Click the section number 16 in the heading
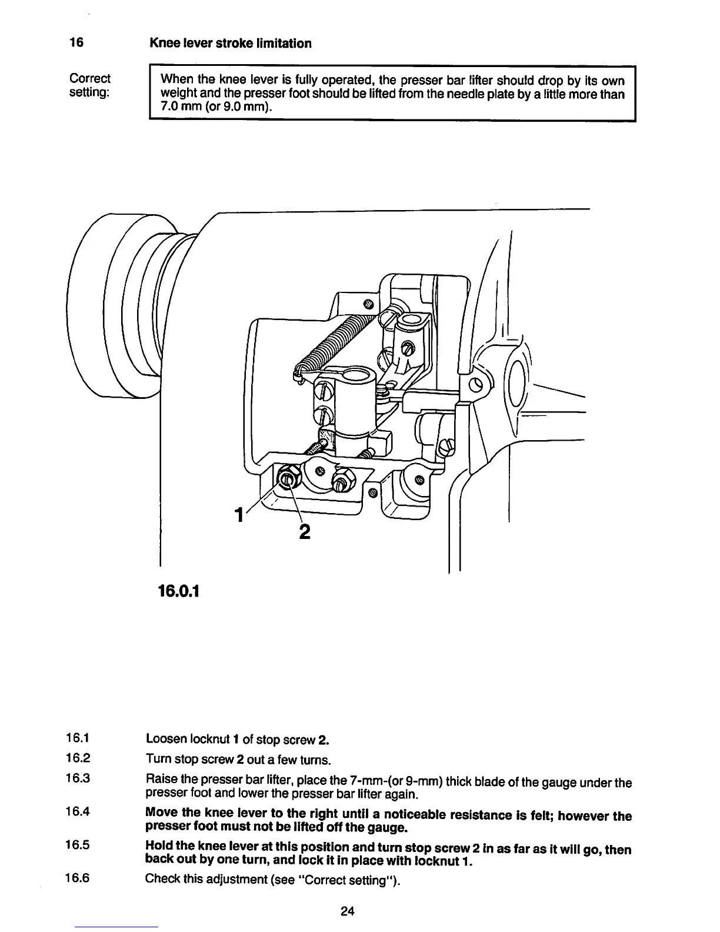pyautogui.click(x=76, y=43)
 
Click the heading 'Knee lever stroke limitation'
pyautogui.click(x=230, y=43)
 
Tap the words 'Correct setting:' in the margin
pyautogui.click(x=89, y=85)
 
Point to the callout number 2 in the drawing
pyautogui.click(x=304, y=531)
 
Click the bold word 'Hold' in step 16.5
pyautogui.click(x=159, y=848)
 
